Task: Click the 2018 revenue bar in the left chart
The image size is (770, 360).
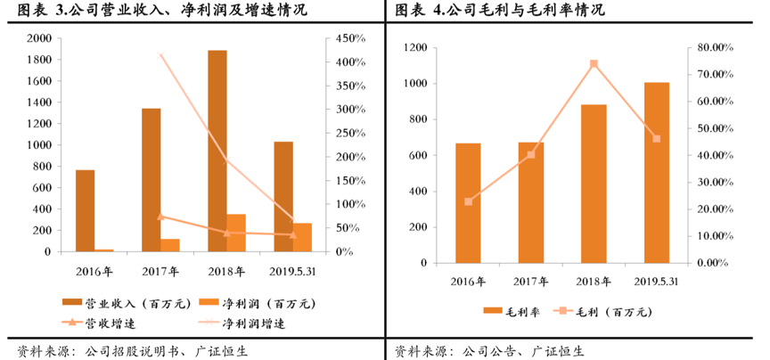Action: [x=217, y=151]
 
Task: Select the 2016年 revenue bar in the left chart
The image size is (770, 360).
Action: [x=85, y=210]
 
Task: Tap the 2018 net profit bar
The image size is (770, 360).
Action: [x=236, y=233]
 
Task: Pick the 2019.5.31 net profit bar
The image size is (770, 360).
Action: [x=302, y=237]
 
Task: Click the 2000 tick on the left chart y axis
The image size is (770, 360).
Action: [x=38, y=38]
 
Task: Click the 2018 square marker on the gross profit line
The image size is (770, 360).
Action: [x=594, y=64]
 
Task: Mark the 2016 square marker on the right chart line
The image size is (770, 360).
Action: [x=468, y=201]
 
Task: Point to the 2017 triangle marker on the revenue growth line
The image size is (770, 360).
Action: [x=160, y=216]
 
